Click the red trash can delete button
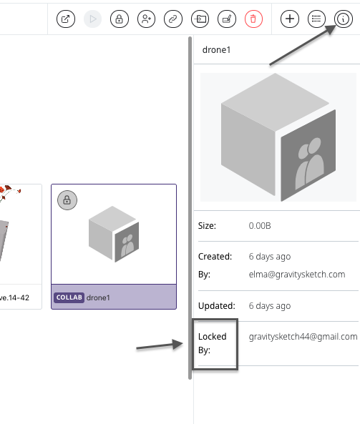tap(253, 19)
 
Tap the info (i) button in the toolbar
tap(344, 19)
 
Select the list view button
tap(316, 19)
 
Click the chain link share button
tap(173, 19)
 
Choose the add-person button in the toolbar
tap(146, 19)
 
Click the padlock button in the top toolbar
tap(120, 19)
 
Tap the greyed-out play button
tap(92, 19)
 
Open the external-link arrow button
tap(66, 19)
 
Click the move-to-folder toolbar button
tap(200, 19)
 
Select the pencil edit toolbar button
tap(227, 19)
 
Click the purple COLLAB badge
tap(69, 297)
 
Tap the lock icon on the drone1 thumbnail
tap(67, 200)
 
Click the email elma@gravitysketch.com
tap(297, 275)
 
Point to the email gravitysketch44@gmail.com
tap(303, 337)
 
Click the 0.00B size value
tap(260, 226)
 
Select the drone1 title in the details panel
tap(216, 50)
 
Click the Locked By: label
tap(213, 343)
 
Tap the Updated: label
tap(217, 306)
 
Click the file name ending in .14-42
tap(14, 297)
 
